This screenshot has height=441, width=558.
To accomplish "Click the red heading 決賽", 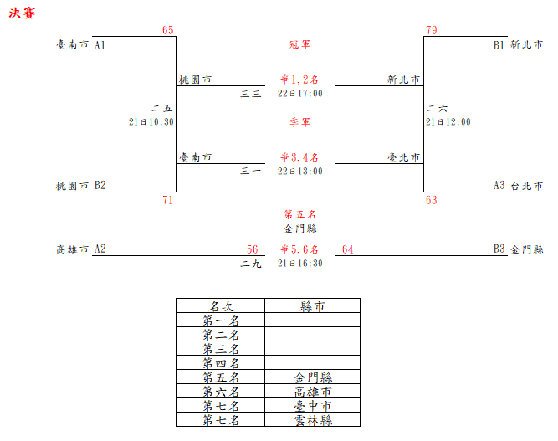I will tap(22, 14).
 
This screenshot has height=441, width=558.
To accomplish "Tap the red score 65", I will tap(168, 30).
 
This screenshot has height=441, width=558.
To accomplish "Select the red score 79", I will tap(431, 30).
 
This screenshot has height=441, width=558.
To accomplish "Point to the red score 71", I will tap(168, 200).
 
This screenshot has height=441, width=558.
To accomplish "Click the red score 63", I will tap(431, 200).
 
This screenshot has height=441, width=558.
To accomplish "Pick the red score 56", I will tap(253, 249).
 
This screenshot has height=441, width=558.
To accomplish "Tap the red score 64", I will tap(348, 249).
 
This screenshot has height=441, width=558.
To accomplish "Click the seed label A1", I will tap(100, 44).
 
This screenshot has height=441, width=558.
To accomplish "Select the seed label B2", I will tap(100, 185).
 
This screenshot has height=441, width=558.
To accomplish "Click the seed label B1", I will tap(499, 44).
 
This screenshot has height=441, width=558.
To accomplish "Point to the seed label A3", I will tap(499, 185).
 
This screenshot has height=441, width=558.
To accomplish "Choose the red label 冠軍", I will tap(299, 44).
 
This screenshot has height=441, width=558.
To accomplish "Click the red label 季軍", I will tap(299, 122).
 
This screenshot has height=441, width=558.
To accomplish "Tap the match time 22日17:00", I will tap(300, 93).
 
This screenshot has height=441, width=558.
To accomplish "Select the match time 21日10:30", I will tap(151, 121).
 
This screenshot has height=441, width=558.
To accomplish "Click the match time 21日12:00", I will tap(448, 121).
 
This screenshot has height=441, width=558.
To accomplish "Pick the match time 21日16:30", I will tap(300, 263).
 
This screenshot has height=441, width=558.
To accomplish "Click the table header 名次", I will tap(221, 306).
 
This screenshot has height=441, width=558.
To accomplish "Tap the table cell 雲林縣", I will tap(313, 420).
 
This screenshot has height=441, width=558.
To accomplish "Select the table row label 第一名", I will tap(221, 320).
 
